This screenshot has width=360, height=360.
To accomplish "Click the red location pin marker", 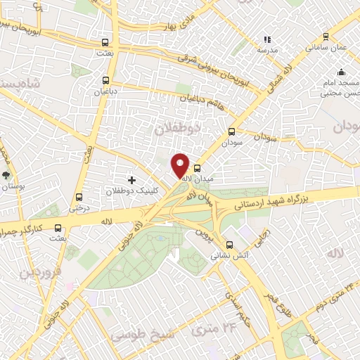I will point(181,165).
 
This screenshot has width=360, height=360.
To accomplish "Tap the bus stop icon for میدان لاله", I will point(197,169).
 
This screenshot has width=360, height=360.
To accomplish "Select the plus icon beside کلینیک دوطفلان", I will point(131,181).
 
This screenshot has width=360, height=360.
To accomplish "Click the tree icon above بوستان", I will point(6,176).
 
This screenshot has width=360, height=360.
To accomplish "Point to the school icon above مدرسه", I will point(266,40).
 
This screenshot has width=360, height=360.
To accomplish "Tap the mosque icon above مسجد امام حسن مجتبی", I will point(341,72).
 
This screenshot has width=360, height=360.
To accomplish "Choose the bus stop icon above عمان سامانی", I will point(325,37).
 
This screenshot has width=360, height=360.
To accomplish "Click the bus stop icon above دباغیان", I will point(106,80).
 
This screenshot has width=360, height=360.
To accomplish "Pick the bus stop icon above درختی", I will point(78,198).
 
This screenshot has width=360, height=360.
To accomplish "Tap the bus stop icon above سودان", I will point(232,131).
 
